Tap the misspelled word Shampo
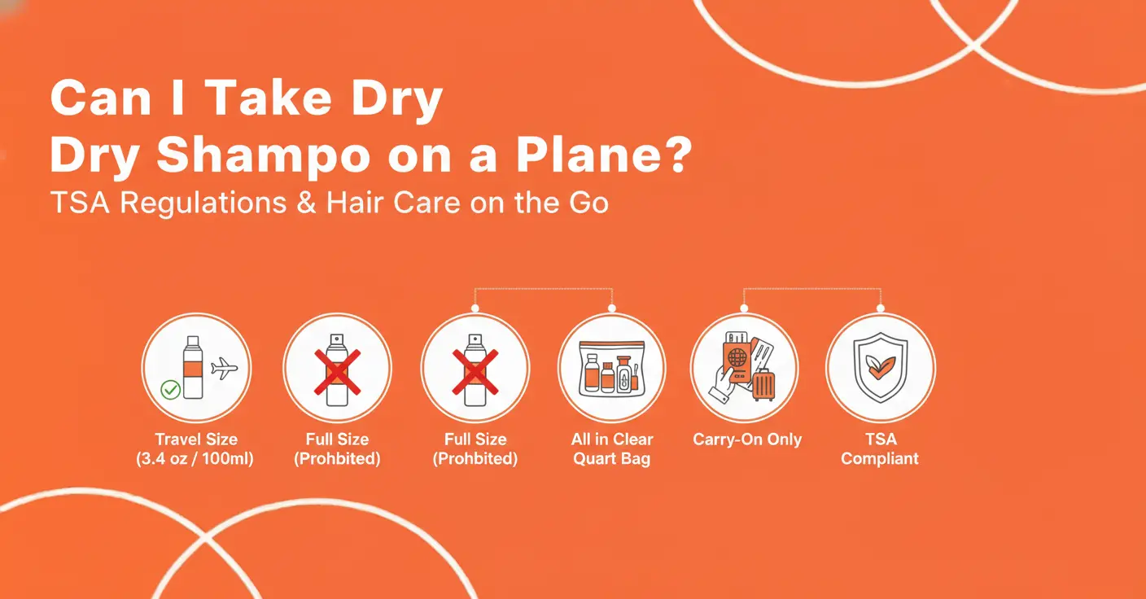click(x=263, y=158)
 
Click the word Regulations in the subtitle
click(x=203, y=203)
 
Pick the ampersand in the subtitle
click(x=307, y=203)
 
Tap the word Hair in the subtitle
click(x=355, y=203)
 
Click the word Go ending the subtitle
click(x=588, y=203)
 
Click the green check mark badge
click(x=170, y=390)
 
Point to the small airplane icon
click(x=224, y=369)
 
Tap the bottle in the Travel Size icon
click(x=193, y=367)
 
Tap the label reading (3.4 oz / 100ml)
click(x=195, y=459)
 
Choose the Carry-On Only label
click(x=747, y=439)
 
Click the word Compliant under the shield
click(x=880, y=459)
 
